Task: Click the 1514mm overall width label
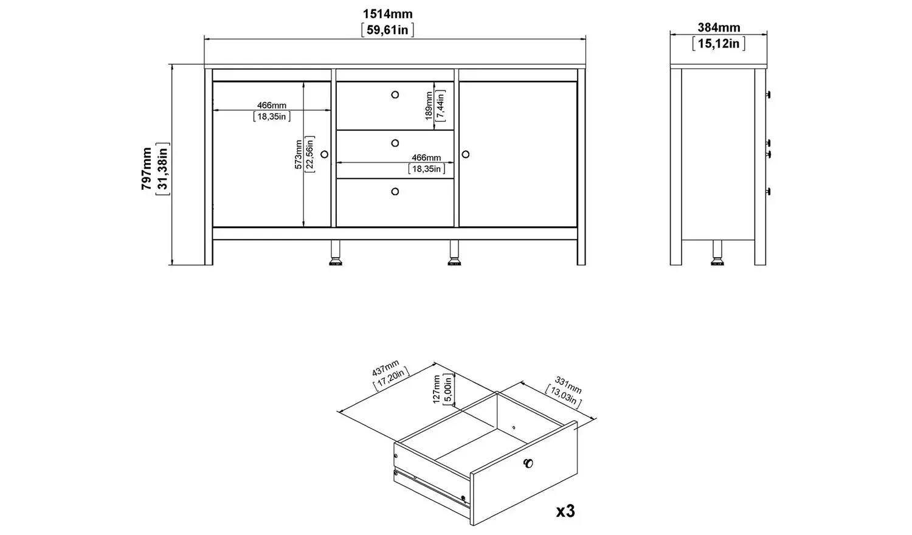click(387, 14)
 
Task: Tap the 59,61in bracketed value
click(387, 30)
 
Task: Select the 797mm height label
click(147, 168)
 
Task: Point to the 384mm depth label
click(719, 27)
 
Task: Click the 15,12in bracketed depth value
click(719, 43)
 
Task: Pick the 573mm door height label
click(299, 155)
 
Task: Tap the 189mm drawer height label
click(429, 105)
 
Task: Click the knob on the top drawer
click(395, 94)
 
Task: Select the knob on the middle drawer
click(395, 143)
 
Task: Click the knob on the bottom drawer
click(395, 192)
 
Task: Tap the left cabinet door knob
click(324, 154)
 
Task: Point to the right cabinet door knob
click(467, 154)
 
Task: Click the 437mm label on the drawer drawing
click(385, 370)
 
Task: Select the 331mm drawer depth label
click(568, 385)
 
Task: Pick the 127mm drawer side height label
click(437, 389)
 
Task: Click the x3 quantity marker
click(565, 511)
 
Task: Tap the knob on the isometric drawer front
click(528, 464)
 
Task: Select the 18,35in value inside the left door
click(271, 116)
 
